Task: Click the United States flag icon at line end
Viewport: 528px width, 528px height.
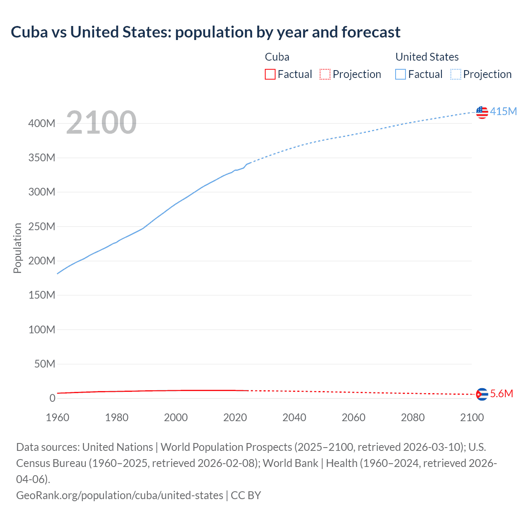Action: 482,112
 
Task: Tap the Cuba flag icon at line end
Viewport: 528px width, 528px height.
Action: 482,394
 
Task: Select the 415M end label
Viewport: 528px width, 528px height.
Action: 503,112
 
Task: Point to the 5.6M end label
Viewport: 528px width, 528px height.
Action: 502,394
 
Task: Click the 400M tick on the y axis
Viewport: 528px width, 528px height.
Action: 42,123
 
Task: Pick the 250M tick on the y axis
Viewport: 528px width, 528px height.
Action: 42,226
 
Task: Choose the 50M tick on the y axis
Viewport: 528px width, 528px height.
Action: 45,364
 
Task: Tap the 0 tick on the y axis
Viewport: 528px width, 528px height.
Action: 52,398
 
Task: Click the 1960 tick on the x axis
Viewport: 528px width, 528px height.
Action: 57,417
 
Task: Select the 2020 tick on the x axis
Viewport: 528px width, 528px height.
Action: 235,417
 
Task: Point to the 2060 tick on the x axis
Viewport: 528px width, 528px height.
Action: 354,417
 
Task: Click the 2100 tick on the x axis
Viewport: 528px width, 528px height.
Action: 472,417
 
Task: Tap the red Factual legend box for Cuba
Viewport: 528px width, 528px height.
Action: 270,74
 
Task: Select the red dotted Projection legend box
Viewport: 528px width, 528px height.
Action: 325,74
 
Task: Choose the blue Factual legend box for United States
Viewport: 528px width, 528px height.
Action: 401,74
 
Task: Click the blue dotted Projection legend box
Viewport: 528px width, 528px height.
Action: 456,74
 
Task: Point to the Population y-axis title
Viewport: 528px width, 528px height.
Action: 17,248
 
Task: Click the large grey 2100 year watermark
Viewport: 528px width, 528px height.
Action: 101,123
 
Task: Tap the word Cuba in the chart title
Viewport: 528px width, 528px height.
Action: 29,32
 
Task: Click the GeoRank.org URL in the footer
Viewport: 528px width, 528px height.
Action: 120,495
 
